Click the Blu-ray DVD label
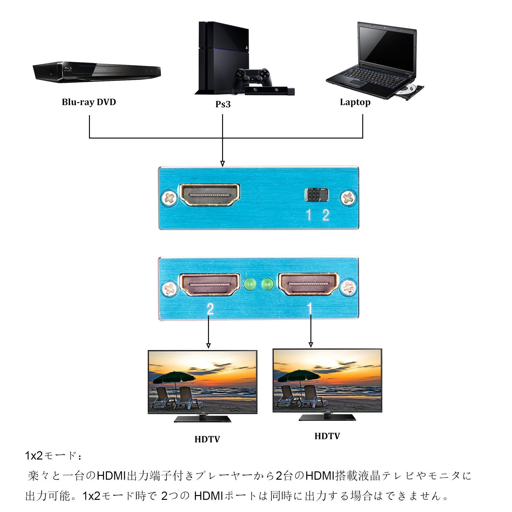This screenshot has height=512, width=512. click(89, 102)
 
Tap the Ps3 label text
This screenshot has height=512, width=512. click(223, 104)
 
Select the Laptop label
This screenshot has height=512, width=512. click(355, 102)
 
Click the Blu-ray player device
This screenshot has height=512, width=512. click(96, 71)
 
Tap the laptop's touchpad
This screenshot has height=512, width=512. click(358, 83)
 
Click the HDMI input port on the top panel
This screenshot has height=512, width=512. click(210, 195)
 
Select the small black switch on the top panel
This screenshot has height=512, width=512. click(316, 195)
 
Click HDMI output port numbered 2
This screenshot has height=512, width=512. click(210, 284)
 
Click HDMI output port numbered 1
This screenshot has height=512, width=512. click(308, 284)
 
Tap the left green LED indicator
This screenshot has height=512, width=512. click(250, 284)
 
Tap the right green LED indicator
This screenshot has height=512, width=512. click(268, 284)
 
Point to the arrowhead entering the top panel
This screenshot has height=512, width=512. click(222, 164)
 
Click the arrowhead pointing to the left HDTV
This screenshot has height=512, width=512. click(208, 346)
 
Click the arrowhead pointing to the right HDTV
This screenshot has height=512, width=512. click(310, 345)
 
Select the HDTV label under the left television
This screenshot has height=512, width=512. click(207, 439)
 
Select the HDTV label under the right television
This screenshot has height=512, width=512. click(327, 436)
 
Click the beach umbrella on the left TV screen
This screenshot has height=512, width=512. click(174, 377)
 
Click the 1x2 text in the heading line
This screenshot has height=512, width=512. click(34, 456)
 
